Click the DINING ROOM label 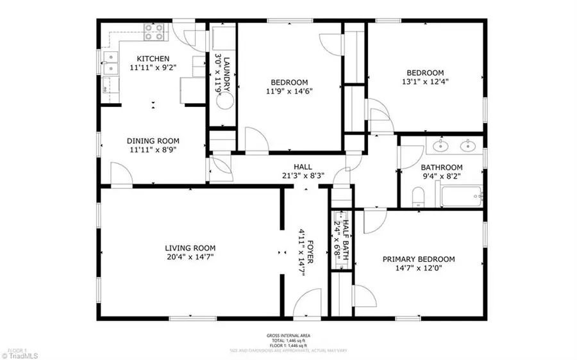point(153,141)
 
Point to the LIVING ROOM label point(190,248)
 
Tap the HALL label point(303,167)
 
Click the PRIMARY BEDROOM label point(419,259)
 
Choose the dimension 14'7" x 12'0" point(419,268)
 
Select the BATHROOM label point(442,168)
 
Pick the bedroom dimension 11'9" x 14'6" point(289,91)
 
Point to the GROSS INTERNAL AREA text point(288,335)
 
